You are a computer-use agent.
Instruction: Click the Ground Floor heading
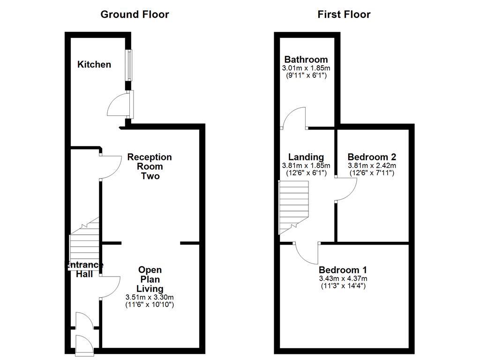click(x=135, y=15)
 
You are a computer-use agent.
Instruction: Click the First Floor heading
click(x=344, y=15)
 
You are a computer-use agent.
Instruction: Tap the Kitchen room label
click(x=94, y=64)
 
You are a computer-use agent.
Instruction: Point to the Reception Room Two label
click(x=150, y=166)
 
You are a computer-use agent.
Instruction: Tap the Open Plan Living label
click(x=150, y=279)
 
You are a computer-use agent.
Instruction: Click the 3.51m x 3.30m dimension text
click(x=150, y=297)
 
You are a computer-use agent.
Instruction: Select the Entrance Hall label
click(x=84, y=269)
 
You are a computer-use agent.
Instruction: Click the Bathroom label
click(x=306, y=60)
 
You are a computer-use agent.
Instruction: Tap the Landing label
click(x=306, y=157)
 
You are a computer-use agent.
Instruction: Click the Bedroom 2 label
click(x=372, y=157)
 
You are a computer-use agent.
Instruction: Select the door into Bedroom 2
click(x=346, y=190)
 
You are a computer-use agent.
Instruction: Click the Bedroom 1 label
click(x=343, y=270)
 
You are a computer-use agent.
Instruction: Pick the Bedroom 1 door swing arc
click(x=307, y=253)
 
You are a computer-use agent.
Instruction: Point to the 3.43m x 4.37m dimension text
click(x=343, y=278)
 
